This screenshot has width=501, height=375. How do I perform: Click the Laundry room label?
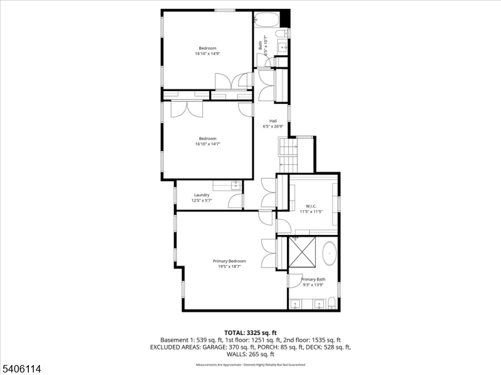click(x=202, y=195)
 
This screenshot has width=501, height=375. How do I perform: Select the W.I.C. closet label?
click(x=311, y=206)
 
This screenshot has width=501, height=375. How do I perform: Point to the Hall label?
click(x=273, y=121)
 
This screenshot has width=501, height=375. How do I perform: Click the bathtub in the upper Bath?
click(x=267, y=19)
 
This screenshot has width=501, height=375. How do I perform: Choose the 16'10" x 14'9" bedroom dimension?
click(x=207, y=54)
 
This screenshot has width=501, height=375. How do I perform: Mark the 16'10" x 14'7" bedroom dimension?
click(x=207, y=144)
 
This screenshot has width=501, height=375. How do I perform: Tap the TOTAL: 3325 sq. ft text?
click(x=250, y=332)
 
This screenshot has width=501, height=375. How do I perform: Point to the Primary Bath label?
click(x=313, y=279)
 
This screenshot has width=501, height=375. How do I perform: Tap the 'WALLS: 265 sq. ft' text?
click(x=250, y=354)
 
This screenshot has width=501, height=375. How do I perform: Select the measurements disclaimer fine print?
click(x=250, y=364)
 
